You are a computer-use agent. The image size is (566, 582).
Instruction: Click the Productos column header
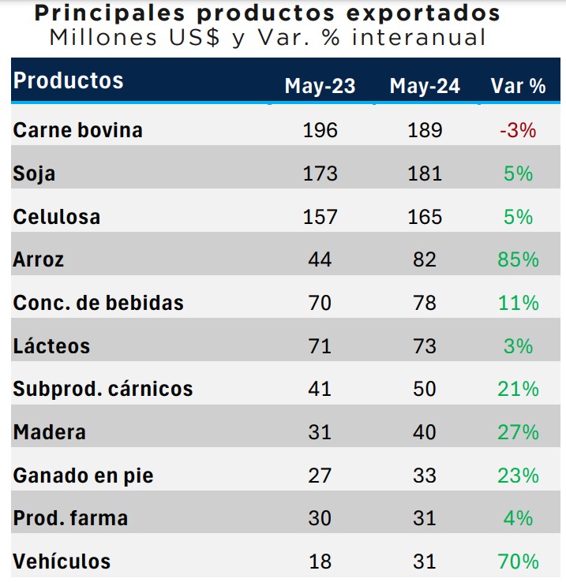coord(69,80)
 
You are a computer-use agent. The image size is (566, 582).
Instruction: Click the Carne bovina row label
coord(77,130)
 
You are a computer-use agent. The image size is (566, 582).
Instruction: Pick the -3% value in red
coord(518,130)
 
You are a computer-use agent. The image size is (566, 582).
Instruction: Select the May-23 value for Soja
coord(320,173)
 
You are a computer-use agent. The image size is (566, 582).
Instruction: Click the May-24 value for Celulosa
coord(425,216)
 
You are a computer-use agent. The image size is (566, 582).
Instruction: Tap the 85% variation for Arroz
coord(518,259)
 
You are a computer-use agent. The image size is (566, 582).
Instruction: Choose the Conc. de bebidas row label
coord(98,303)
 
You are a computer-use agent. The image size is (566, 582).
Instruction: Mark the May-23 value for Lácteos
coord(320,345)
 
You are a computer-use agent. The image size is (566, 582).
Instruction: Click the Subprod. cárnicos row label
coord(103,389)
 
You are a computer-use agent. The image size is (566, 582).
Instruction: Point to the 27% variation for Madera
coord(518,432)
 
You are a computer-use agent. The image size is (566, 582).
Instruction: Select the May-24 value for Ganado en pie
coord(425,476)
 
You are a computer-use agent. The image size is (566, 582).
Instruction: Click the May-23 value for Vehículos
coord(320,561)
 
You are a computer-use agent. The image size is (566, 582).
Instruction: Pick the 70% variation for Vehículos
coord(518,561)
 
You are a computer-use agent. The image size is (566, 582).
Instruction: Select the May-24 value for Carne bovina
coord(425,130)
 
